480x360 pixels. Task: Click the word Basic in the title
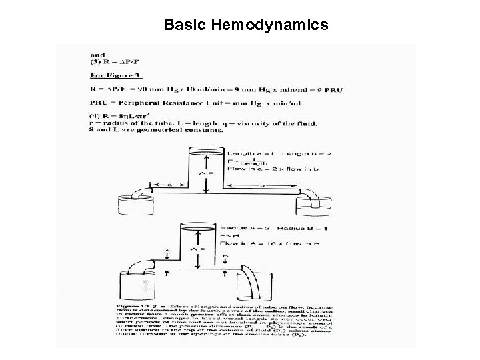pos(185,25)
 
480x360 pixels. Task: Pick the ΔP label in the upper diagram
pos(208,175)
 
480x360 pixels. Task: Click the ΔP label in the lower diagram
pos(198,250)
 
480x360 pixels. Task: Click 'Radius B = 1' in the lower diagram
pos(287,228)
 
